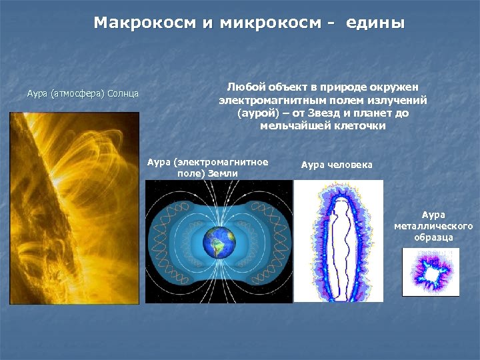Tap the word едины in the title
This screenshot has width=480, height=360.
tap(375, 23)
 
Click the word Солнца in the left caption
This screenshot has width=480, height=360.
tap(123, 93)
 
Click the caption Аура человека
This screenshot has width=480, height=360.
tap(337, 165)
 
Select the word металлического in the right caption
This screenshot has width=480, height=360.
tap(433, 226)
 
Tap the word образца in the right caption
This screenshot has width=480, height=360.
tap(433, 237)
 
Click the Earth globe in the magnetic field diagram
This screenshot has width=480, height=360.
tap(219, 241)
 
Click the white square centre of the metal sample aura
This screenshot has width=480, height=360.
tap(430, 273)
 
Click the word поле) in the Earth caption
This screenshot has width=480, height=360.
tap(191, 173)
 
